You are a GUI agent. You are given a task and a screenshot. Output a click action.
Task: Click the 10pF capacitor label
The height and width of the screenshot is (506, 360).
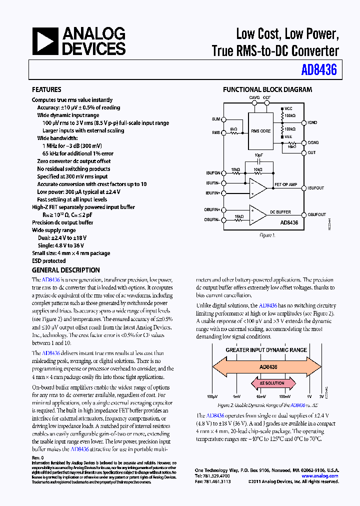click(x=258, y=155)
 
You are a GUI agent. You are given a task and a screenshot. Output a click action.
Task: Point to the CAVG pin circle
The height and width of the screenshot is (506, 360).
click(x=254, y=104)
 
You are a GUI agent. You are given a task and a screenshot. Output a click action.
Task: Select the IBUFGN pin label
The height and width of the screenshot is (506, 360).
click(x=212, y=172)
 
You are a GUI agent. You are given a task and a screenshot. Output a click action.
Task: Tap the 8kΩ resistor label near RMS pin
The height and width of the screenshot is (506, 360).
click(x=233, y=129)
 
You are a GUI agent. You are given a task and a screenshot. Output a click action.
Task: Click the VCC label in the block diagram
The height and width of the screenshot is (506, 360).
click(x=288, y=108)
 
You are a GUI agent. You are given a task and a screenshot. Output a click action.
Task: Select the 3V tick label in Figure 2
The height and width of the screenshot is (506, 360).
click(x=321, y=396)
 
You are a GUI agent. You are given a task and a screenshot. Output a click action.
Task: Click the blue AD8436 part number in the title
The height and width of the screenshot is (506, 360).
click(x=319, y=70)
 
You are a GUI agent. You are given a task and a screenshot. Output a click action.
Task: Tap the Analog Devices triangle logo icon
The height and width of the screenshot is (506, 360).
click(x=45, y=41)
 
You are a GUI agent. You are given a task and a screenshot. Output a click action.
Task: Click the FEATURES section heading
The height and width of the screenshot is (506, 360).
click(x=46, y=90)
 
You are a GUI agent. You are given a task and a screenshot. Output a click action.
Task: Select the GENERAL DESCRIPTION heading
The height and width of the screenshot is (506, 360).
click(x=65, y=270)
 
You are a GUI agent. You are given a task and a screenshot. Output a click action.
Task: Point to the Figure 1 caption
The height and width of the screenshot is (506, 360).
click(x=267, y=235)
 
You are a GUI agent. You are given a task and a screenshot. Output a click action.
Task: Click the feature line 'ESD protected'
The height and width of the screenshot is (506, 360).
click(x=48, y=260)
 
